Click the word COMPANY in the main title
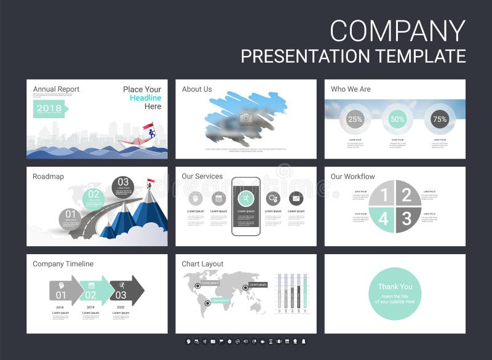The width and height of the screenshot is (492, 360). [397, 31]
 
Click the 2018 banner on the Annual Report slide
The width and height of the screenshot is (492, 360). [50, 109]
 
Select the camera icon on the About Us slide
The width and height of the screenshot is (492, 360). [246, 118]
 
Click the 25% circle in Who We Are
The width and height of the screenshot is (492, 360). [355, 119]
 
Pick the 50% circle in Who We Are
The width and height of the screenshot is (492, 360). [397, 119]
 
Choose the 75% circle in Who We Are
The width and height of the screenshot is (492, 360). [440, 119]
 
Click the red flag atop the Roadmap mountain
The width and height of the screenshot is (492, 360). [151, 182]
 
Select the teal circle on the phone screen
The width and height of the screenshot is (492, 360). [246, 198]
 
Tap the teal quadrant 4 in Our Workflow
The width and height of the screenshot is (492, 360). [382, 218]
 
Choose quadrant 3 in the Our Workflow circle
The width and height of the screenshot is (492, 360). [407, 218]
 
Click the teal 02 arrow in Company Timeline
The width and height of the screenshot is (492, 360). [94, 290]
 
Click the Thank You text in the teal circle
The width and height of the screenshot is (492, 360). [395, 287]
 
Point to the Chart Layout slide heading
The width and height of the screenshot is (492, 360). [202, 264]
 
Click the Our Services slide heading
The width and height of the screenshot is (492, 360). [202, 177]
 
